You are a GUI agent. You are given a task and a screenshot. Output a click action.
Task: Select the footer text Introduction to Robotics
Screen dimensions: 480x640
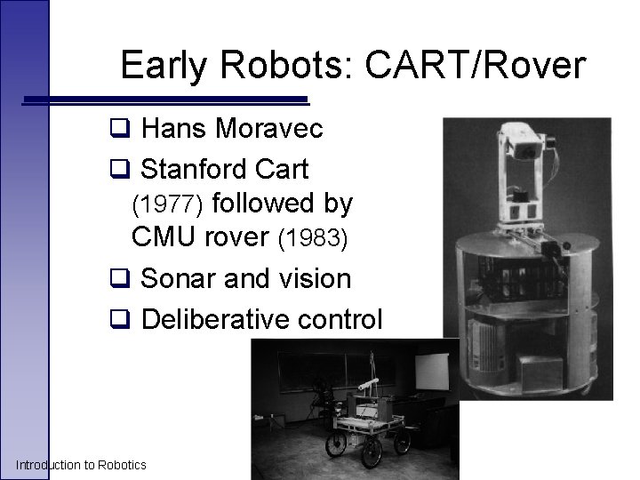pyautogui.click(x=81, y=465)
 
